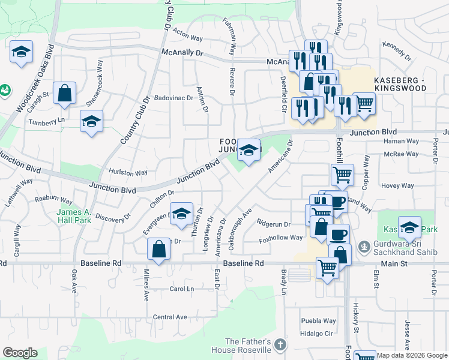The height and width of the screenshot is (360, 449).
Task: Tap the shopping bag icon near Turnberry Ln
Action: click(64, 93)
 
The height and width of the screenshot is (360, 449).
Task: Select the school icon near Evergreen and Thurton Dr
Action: click(181, 214)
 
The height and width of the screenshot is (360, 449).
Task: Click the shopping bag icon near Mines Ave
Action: click(158, 249)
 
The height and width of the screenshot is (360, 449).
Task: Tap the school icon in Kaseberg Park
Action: click(409, 227)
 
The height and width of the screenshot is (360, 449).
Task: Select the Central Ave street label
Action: click(170, 317)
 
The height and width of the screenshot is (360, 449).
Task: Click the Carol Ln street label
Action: click(182, 289)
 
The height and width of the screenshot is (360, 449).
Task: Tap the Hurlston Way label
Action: click(128, 172)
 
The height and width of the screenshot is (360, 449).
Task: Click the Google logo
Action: click(20, 353)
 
